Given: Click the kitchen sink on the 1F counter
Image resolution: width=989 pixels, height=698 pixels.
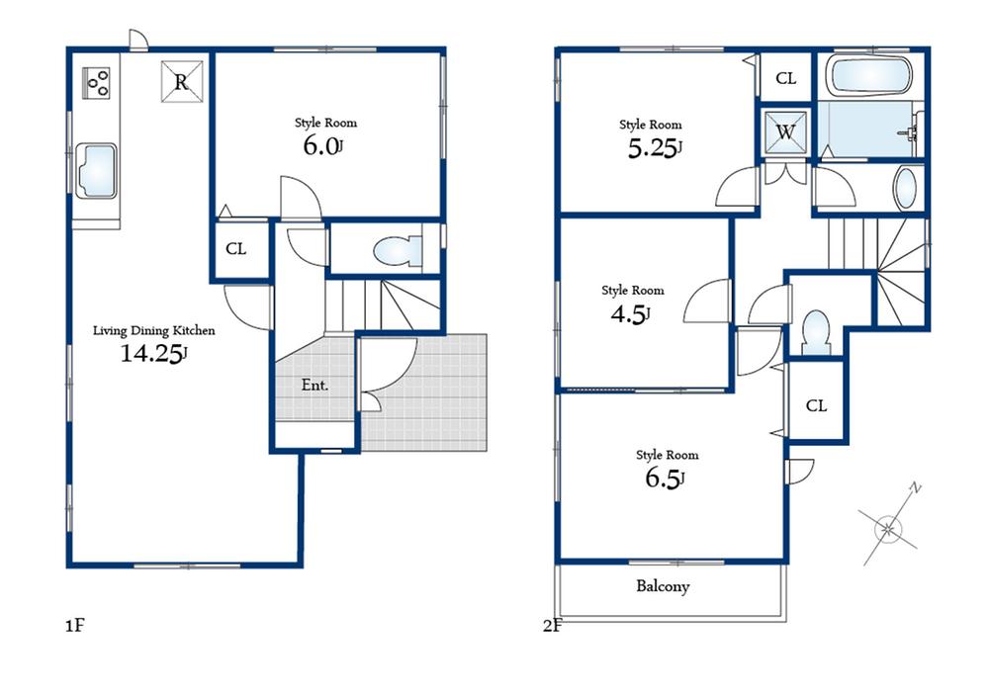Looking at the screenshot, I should click(95, 171).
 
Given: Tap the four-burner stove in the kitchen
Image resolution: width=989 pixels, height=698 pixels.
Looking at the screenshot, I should click(97, 82).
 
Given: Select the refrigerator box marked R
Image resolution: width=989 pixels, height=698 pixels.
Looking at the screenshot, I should click(182, 82).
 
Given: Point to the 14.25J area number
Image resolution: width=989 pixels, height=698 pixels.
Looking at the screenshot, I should click(153, 354).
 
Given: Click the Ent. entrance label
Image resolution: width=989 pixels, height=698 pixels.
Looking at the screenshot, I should click(315, 385).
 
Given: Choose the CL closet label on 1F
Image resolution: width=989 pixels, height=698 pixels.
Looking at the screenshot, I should click(235, 249).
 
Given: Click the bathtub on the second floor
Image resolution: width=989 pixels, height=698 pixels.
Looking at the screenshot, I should click(869, 76).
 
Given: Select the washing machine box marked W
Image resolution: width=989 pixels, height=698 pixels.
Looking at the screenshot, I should click(787, 132).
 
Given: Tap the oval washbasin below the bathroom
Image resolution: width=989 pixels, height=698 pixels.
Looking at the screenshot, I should click(906, 188).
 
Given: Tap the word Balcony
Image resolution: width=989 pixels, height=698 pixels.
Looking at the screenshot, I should click(662, 586).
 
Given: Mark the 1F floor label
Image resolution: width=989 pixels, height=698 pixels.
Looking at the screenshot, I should click(76, 626).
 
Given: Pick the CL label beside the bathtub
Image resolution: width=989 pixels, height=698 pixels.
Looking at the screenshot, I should click(785, 79).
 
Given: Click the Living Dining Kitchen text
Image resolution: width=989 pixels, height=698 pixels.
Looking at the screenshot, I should click(153, 330).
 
